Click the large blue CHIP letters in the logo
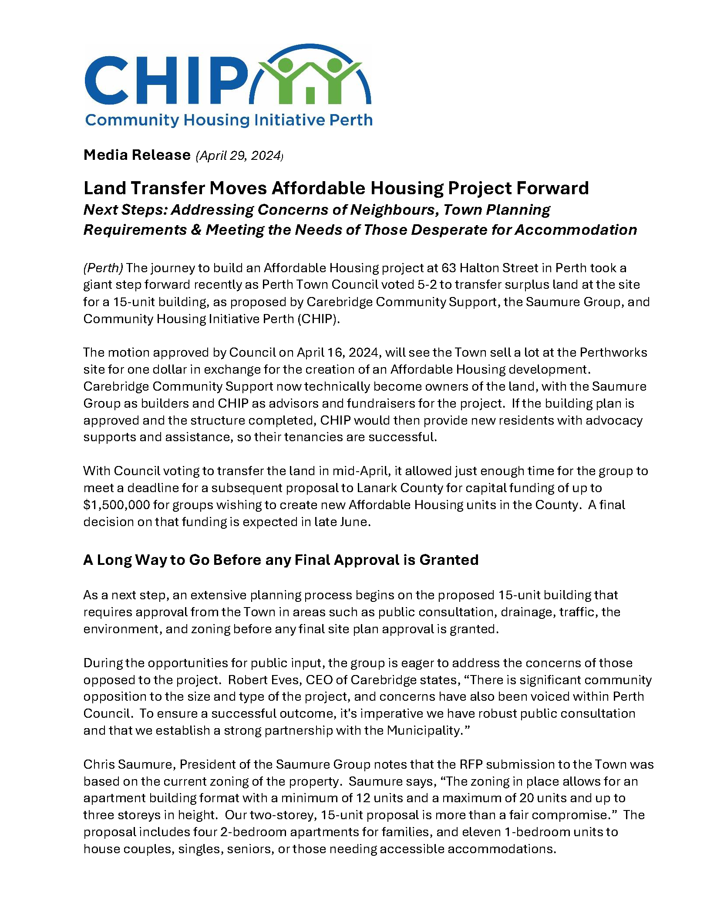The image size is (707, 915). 165,81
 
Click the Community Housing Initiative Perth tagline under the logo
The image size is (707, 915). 229,120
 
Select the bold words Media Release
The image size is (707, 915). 137,155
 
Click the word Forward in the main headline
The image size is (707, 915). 552,188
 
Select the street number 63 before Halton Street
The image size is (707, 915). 448,268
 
